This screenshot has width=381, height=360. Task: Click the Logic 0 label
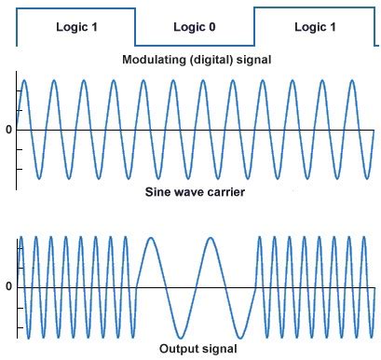pos(194,27)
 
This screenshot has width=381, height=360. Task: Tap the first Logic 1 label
pos(75,27)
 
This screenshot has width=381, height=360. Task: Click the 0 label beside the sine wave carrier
pos(8,130)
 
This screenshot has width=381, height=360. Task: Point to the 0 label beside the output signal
pos(8,285)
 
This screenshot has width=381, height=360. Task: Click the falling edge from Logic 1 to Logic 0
pos(135,27)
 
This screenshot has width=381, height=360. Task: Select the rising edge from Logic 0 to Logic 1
pos(253,27)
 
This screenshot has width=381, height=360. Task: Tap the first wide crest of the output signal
pos(150,238)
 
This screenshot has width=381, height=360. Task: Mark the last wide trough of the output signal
pos(239,336)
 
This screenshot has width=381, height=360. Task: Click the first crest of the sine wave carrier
pos(25,81)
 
